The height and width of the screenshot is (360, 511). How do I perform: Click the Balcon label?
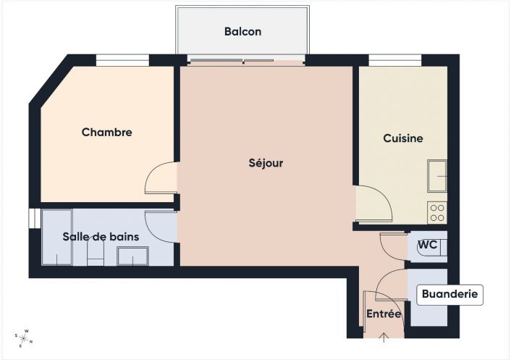[242, 32]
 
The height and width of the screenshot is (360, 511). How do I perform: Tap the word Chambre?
[106, 133]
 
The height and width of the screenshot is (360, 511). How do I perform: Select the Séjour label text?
[266, 164]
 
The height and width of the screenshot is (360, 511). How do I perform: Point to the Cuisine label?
[403, 138]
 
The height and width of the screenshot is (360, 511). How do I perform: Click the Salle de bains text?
[101, 237]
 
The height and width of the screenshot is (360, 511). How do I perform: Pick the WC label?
[427, 245]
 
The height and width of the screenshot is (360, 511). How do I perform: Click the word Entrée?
[384, 314]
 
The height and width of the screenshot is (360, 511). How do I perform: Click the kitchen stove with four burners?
[437, 212]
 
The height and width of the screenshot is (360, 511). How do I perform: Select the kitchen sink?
[437, 176]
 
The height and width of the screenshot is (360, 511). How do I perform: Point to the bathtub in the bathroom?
[56, 238]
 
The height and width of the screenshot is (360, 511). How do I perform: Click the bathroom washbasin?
[132, 256]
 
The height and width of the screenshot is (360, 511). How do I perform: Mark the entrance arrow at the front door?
[384, 335]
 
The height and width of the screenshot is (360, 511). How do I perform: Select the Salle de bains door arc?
[160, 226]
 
